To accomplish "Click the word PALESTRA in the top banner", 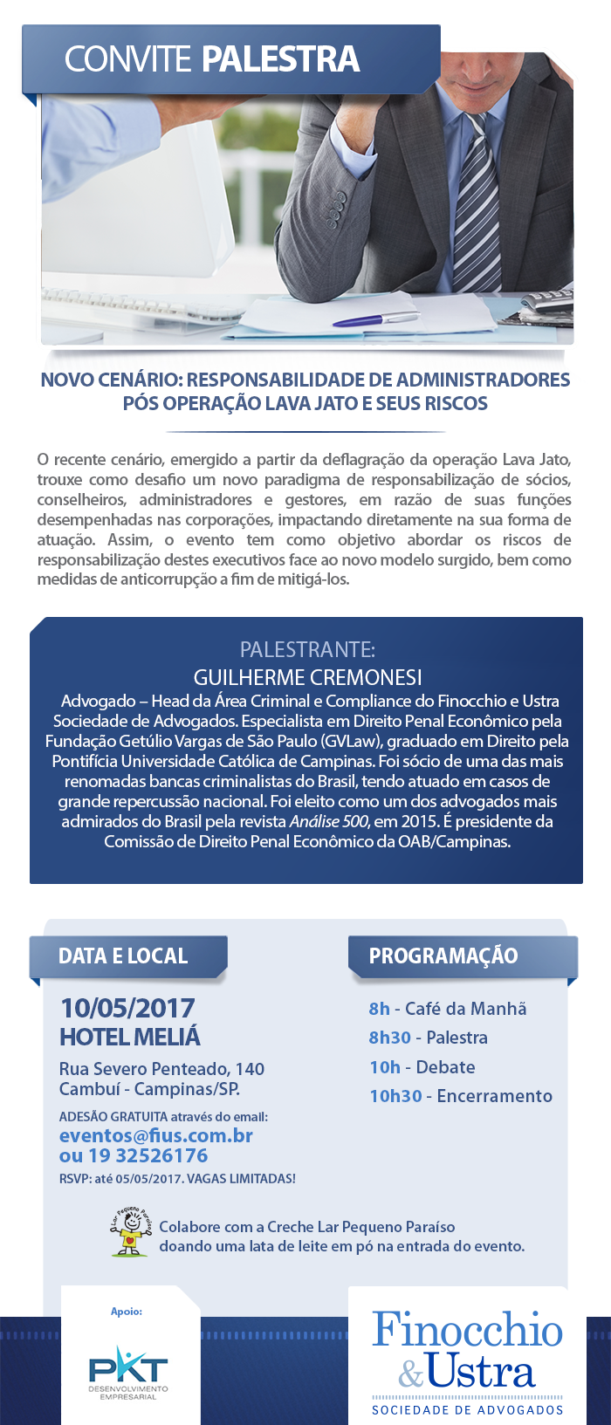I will pos(280,59).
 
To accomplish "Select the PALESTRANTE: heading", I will pos(307,649).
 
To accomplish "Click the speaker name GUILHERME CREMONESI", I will pos(307,677).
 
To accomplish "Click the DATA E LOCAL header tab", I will pos(124,956).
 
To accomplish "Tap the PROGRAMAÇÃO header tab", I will pos(443,956).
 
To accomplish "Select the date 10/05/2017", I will pos(127,1008).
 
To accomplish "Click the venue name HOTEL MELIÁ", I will pos(130,1037).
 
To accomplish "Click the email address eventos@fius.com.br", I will pos(156,1135).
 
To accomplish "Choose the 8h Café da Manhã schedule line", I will pos(448,1009).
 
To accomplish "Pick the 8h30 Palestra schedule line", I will pos(429,1038).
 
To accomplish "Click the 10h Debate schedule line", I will pos(422,1067).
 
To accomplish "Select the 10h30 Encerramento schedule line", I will pos(461,1096).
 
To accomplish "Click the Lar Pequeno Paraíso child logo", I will pos(132,1233).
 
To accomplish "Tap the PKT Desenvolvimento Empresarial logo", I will pos(128,1372).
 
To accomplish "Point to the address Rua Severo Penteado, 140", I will pos(161,1069).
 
